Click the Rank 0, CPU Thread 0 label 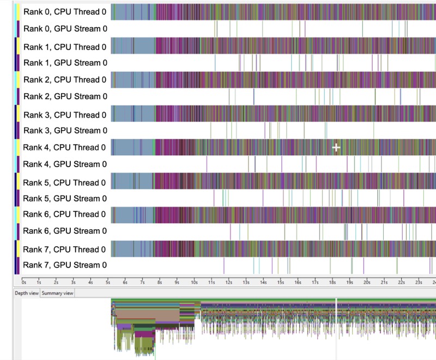(x=65, y=11)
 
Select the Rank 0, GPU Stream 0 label (x=65, y=29)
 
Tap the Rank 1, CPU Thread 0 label (x=65, y=47)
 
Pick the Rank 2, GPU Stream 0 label (x=65, y=96)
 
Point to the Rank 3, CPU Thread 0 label (x=65, y=115)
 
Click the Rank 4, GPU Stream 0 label (x=65, y=164)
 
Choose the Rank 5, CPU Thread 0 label (x=64, y=182)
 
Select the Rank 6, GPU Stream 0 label (x=65, y=231)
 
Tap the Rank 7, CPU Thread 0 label (x=64, y=249)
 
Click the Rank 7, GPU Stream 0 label (x=65, y=265)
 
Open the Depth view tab (x=27, y=293)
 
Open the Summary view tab (x=57, y=293)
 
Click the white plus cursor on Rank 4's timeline (x=336, y=148)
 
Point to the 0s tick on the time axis (x=22, y=279)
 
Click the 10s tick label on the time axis (x=194, y=283)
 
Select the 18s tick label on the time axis (x=332, y=283)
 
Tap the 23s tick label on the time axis (x=419, y=283)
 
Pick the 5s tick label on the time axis (x=108, y=283)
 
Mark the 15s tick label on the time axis (x=281, y=283)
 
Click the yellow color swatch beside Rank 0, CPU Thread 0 (x=19, y=12)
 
